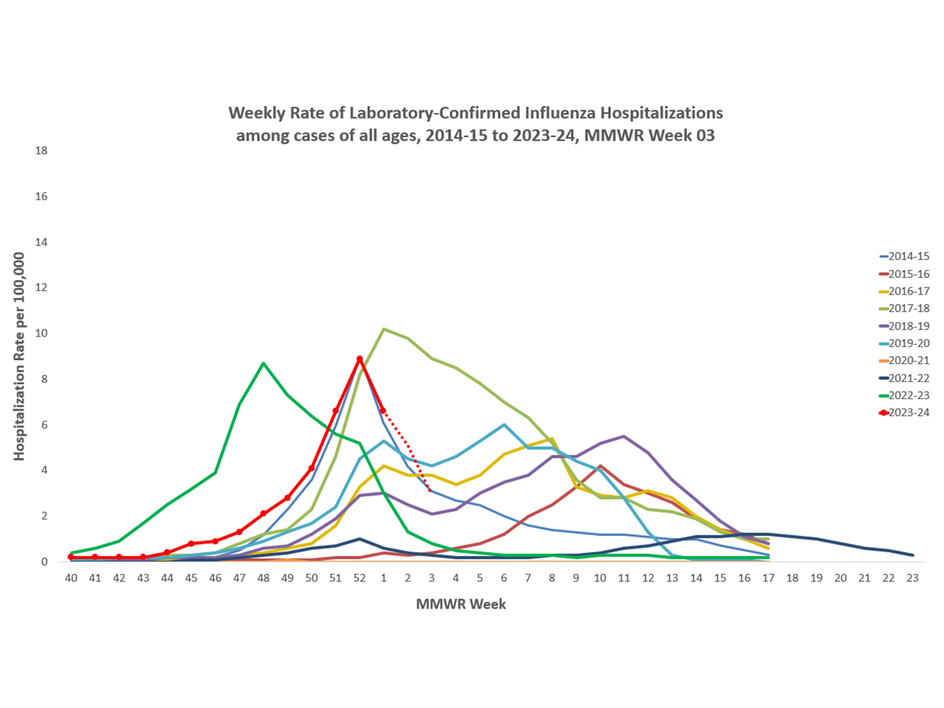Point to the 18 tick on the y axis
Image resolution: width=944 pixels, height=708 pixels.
click(41, 151)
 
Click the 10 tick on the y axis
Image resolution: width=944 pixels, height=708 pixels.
click(41, 333)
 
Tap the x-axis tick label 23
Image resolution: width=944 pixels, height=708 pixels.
click(913, 578)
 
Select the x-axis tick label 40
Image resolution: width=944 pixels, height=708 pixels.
click(71, 578)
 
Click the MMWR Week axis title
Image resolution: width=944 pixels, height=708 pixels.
click(461, 604)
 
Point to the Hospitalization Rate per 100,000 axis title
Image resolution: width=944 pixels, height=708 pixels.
click(19, 356)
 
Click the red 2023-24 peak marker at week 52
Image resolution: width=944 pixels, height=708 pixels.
click(360, 359)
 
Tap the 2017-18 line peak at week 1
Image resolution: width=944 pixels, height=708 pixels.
click(383, 329)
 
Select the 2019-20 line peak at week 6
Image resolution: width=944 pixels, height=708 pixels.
click(504, 424)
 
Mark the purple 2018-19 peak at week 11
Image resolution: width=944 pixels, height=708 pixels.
click(624, 436)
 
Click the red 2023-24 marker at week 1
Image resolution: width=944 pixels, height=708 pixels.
click(383, 411)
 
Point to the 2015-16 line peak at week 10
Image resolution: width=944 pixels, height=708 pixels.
click(600, 466)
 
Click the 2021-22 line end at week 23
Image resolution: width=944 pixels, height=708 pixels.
click(913, 555)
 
